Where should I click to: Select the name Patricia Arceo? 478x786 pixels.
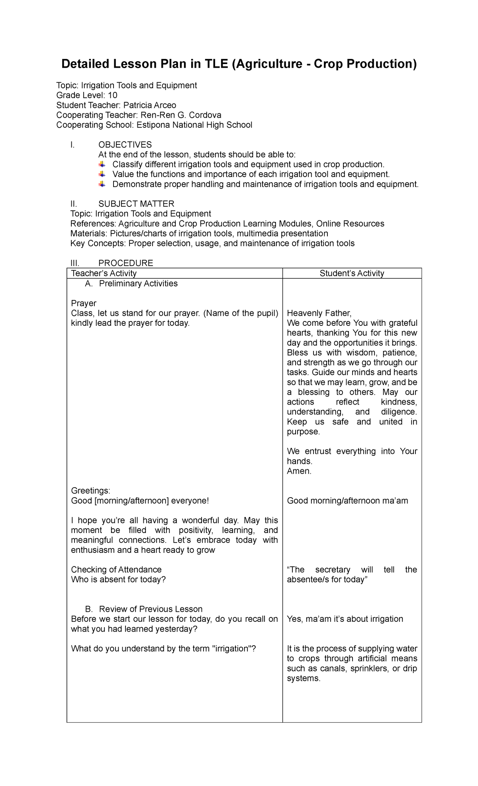(149, 105)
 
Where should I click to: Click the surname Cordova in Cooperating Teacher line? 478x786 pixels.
(205, 115)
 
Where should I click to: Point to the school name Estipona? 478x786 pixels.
(153, 125)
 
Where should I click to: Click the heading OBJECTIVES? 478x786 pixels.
(125, 144)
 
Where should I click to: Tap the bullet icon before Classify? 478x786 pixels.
(102, 164)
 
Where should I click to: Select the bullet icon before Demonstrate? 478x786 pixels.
(102, 184)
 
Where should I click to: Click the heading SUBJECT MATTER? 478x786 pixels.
(136, 204)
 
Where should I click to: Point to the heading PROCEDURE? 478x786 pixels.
(125, 263)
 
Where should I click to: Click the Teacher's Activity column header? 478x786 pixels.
(104, 273)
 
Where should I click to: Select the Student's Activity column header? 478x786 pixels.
(352, 273)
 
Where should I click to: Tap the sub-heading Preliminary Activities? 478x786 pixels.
(138, 284)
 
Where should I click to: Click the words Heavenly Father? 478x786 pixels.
(319, 313)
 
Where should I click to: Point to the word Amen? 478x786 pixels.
(299, 471)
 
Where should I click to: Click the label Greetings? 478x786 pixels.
(90, 490)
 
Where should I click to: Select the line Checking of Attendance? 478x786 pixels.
(116, 570)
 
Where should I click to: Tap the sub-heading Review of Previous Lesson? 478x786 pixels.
(151, 609)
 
